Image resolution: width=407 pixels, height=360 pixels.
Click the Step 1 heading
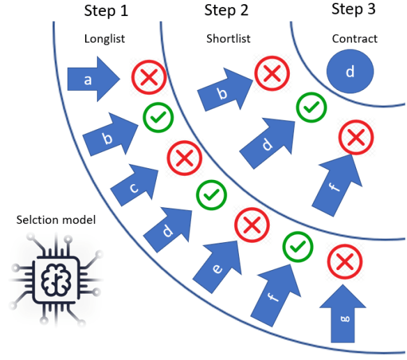pos(109,11)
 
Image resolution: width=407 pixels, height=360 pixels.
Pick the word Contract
pos(355,39)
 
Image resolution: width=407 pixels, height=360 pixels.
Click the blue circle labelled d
pos(350,71)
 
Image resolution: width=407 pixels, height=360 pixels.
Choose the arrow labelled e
pos(221,262)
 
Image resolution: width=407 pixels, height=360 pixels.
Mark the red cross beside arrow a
pos(148,78)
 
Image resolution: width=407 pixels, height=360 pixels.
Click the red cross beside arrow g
pos(343,262)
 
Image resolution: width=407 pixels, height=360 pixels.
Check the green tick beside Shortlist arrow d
pos(312,107)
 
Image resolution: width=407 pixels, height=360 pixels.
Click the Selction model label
pos(56,221)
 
